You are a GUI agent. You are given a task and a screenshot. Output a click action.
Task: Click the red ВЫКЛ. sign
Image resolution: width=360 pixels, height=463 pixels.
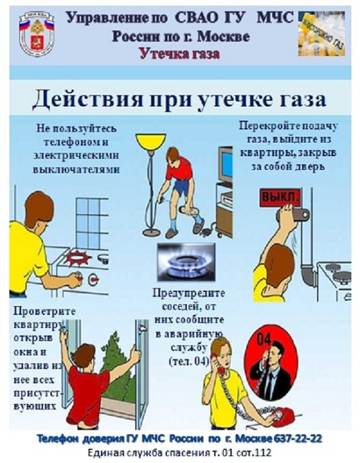tap(279, 198)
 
